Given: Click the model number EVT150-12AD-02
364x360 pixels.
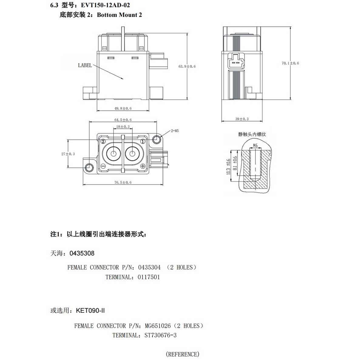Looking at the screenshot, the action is pyautogui.click(x=105, y=5).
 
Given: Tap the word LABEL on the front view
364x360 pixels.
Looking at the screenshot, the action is pyautogui.click(x=85, y=65).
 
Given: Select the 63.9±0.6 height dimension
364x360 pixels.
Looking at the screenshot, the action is pyautogui.click(x=187, y=66).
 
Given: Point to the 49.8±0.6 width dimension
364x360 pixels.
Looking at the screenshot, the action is pyautogui.click(x=123, y=108).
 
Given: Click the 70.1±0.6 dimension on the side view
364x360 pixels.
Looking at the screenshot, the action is pyautogui.click(x=290, y=63).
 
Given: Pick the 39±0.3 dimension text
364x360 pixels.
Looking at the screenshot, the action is pyautogui.click(x=242, y=119).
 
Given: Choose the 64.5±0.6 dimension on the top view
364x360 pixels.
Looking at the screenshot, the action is pyautogui.click(x=123, y=120).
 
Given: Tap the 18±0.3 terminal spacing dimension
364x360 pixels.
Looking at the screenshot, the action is pyautogui.click(x=123, y=126).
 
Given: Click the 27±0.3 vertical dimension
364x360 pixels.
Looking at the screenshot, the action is pyautogui.click(x=68, y=154).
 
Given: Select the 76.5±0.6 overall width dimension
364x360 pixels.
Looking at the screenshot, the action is pyautogui.click(x=123, y=182).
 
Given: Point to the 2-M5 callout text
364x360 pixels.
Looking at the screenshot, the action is pyautogui.click(x=175, y=131).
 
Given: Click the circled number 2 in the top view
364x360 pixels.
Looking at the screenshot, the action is pyautogui.click(x=103, y=141).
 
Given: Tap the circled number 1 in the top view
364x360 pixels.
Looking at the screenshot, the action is pyautogui.click(x=143, y=141).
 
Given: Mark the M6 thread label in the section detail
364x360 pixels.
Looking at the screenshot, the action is pyautogui.click(x=255, y=145).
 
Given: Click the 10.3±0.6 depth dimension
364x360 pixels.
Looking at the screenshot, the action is pyautogui.click(x=228, y=167).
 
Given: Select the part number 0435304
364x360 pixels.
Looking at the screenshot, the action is pyautogui.click(x=149, y=267).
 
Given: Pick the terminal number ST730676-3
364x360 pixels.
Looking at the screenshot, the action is pyautogui.click(x=160, y=335).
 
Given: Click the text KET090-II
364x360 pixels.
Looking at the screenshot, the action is pyautogui.click(x=90, y=311).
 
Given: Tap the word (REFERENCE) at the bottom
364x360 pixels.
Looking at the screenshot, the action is pyautogui.click(x=183, y=354).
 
